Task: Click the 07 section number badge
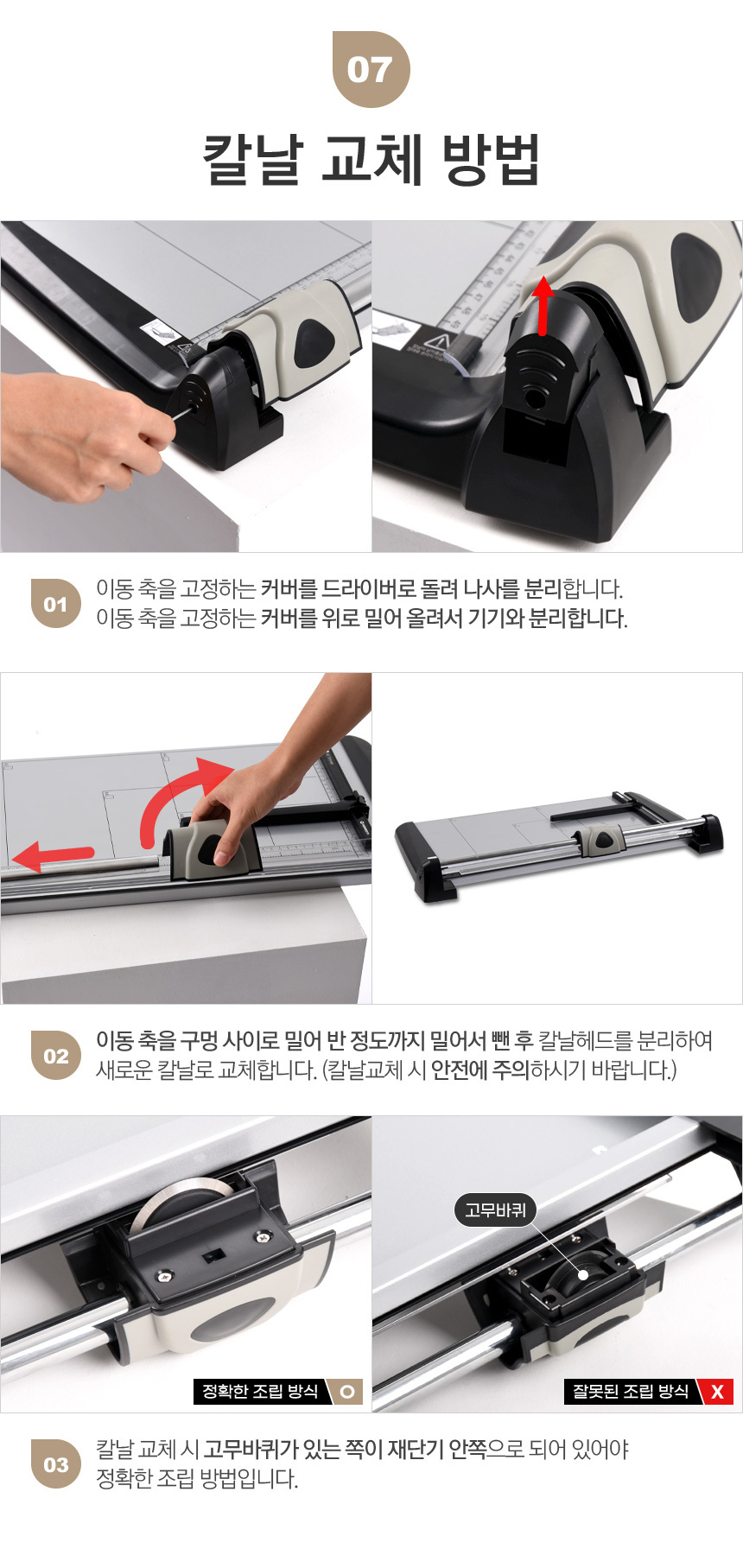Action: pos(371,69)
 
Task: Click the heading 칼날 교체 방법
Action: pos(371,161)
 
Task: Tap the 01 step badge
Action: pos(56,603)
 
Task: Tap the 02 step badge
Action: pos(56,1055)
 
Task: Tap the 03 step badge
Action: pos(56,1464)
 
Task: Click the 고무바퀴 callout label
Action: pos(495,1210)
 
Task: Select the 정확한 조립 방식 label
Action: pos(260,1392)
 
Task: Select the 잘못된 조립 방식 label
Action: pos(631,1392)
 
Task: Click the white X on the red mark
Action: pos(717,1392)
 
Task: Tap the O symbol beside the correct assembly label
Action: pos(347,1392)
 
